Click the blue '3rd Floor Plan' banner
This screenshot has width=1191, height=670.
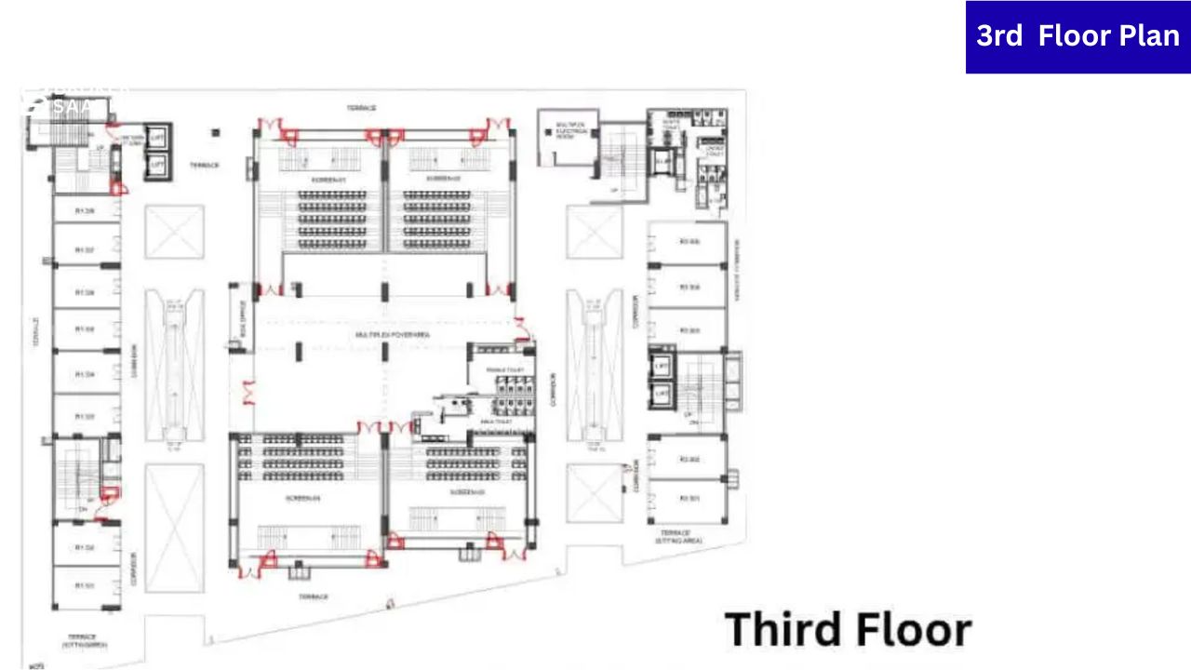(x=1077, y=36)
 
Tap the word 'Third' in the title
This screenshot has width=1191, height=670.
(x=781, y=630)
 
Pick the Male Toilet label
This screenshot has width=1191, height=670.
(x=494, y=422)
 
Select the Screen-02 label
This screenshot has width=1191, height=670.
(x=437, y=178)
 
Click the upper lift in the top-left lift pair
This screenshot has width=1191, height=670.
(x=156, y=135)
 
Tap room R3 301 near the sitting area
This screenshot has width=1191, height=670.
(x=689, y=500)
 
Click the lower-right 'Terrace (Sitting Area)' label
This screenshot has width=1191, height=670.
(x=679, y=536)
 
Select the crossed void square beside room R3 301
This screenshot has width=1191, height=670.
(x=595, y=493)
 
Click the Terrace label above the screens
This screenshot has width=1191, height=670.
(x=361, y=108)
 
